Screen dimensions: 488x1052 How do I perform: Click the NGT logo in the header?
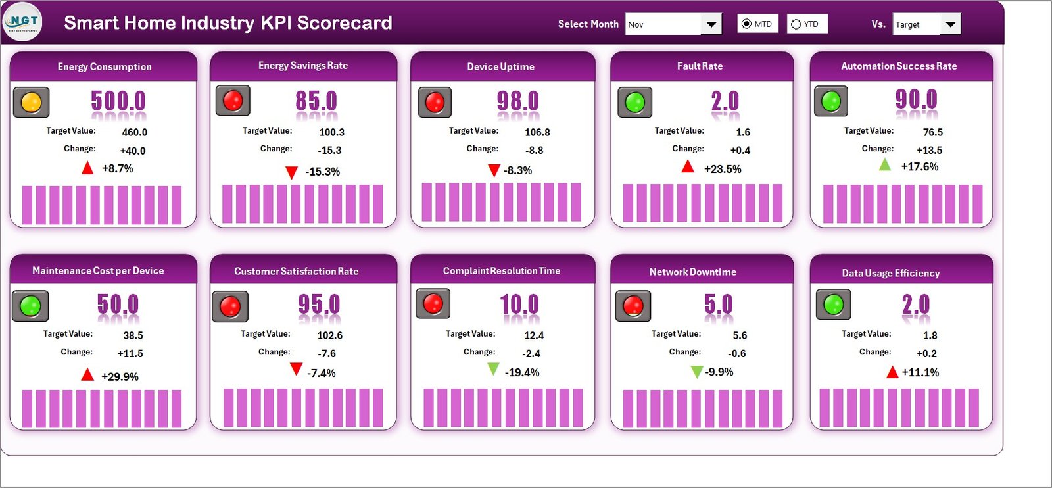coord(23,22)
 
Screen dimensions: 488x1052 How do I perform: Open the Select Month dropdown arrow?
coord(711,24)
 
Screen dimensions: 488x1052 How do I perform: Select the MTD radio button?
coord(746,24)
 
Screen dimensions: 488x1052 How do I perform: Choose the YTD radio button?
coord(796,24)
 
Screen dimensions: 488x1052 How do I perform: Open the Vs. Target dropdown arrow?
coord(950,24)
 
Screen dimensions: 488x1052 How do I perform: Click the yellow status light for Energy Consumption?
coord(32,103)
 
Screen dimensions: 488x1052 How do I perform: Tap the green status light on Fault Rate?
coord(635,103)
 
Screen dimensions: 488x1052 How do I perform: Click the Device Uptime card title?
coord(500,66)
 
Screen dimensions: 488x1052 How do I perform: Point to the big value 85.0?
coord(316,101)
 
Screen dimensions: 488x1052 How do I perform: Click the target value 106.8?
coord(537,132)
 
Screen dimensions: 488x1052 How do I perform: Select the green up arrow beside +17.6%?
coord(885,164)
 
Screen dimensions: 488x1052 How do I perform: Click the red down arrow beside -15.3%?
coord(291,172)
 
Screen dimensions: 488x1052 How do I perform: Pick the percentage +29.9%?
coord(120,376)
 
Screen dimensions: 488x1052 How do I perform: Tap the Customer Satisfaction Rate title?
coord(296,271)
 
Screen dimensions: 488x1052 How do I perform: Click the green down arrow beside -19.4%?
coord(493,370)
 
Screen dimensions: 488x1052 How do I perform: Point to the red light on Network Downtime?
coord(633,305)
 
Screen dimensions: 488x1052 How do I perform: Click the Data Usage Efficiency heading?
coord(890,273)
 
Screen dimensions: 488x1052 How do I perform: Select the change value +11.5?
coord(130,353)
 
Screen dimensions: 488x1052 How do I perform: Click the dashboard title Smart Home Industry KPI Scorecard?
coord(227,23)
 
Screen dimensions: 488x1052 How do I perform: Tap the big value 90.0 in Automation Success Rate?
coord(916,100)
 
